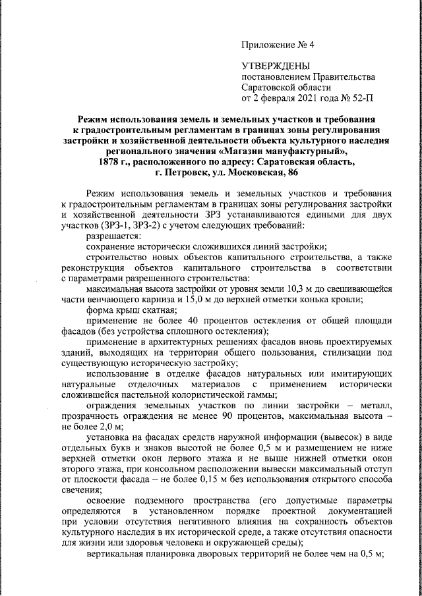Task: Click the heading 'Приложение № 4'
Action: [x=279, y=45]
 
